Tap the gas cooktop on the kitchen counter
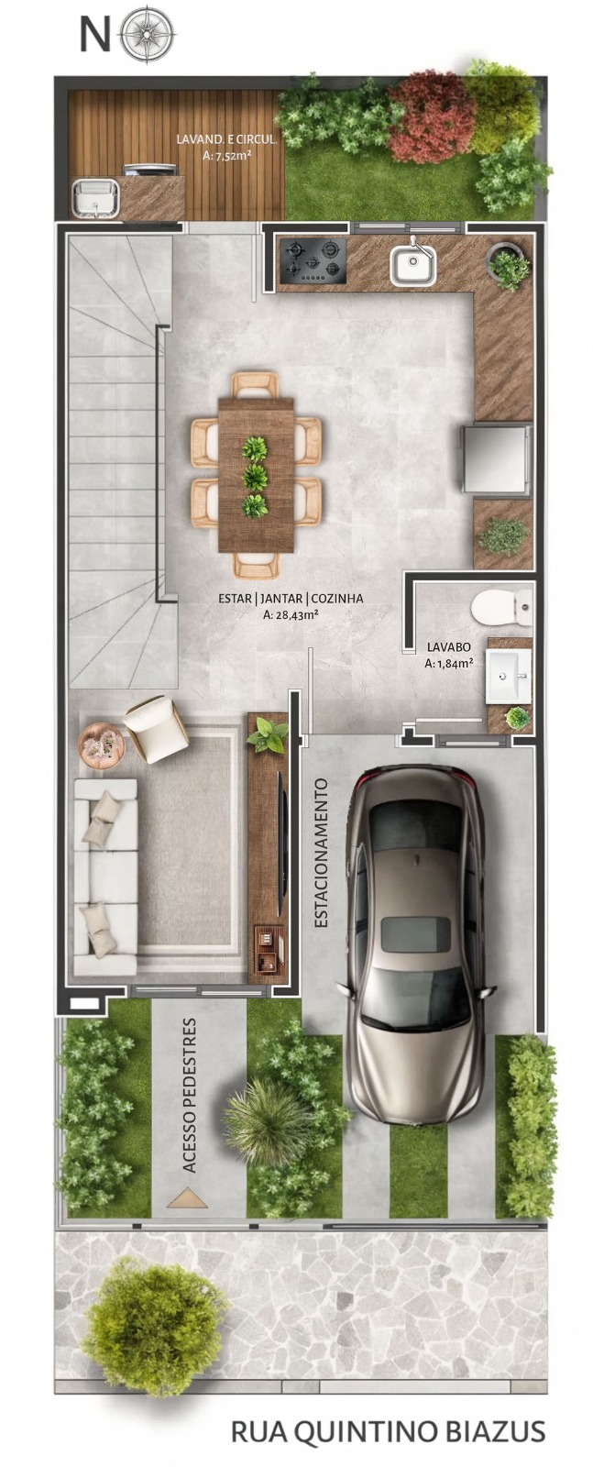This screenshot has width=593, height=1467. point(313,260)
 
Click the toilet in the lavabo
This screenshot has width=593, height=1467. point(502,607)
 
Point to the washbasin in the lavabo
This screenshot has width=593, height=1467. point(508,675)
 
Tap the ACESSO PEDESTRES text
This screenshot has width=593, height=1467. point(189,1095)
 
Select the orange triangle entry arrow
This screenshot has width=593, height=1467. point(187,1197)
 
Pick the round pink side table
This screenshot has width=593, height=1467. point(101,744)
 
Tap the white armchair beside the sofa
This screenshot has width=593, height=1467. point(156,730)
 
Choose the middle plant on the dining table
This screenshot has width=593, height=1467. point(255,477)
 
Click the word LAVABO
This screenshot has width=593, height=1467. point(448,647)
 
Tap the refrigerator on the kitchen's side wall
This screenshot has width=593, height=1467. point(497,458)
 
